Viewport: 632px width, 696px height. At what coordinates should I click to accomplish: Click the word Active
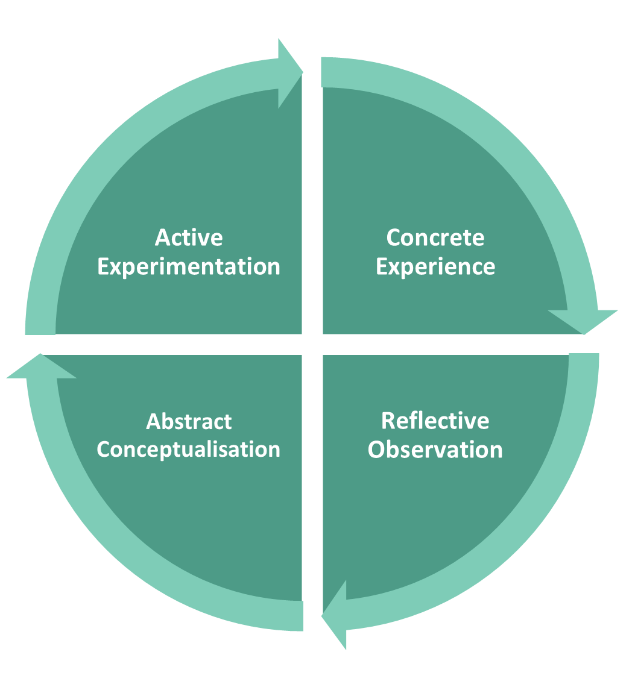[189, 237]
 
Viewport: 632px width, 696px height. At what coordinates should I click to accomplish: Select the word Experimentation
[189, 266]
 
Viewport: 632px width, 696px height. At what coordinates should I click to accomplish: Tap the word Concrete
[435, 237]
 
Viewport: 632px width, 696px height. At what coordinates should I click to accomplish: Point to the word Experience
[435, 266]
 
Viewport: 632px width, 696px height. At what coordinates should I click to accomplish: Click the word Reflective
[435, 421]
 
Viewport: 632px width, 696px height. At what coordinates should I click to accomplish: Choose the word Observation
[435, 450]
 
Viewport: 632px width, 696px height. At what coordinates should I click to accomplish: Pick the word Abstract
[189, 421]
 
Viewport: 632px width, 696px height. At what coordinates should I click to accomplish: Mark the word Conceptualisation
[188, 450]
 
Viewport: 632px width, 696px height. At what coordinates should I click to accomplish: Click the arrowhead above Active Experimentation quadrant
[289, 72]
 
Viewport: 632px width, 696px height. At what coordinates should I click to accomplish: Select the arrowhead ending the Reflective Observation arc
[336, 615]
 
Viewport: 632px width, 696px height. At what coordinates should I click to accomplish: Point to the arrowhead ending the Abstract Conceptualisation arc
[41, 367]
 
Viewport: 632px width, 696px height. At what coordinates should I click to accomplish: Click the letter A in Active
[162, 237]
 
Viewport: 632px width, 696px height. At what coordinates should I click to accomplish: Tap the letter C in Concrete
[393, 237]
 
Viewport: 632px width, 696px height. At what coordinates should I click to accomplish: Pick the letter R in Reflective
[388, 421]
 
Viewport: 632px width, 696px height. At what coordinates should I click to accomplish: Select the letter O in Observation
[377, 450]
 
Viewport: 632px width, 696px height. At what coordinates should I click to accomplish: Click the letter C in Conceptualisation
[103, 450]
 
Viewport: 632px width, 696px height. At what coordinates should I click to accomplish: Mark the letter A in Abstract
[153, 421]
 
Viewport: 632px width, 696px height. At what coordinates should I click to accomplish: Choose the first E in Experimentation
[103, 266]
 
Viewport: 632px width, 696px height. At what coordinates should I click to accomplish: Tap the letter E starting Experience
[382, 266]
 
